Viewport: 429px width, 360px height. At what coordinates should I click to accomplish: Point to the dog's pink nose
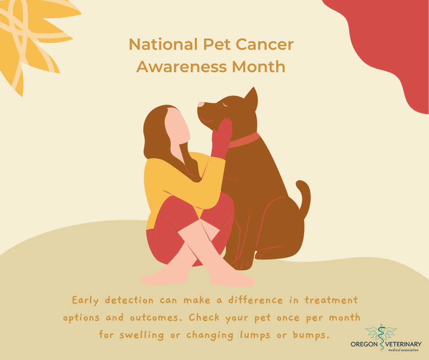(x=200, y=105)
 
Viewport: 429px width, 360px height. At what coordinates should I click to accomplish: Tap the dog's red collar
(x=245, y=140)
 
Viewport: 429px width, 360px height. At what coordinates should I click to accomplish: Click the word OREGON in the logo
(x=364, y=344)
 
